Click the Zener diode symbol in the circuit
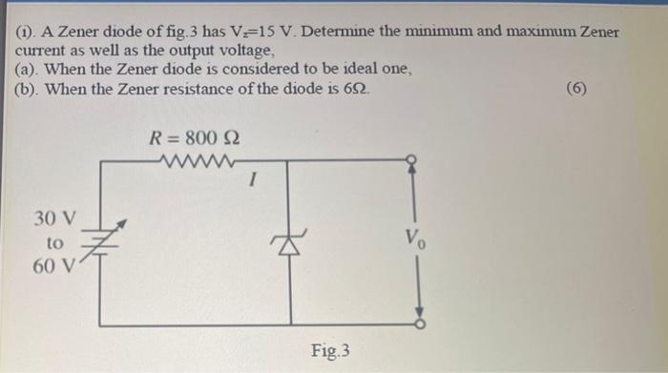pyautogui.click(x=286, y=245)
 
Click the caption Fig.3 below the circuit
pyautogui.click(x=329, y=351)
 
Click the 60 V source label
pyautogui.click(x=49, y=265)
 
